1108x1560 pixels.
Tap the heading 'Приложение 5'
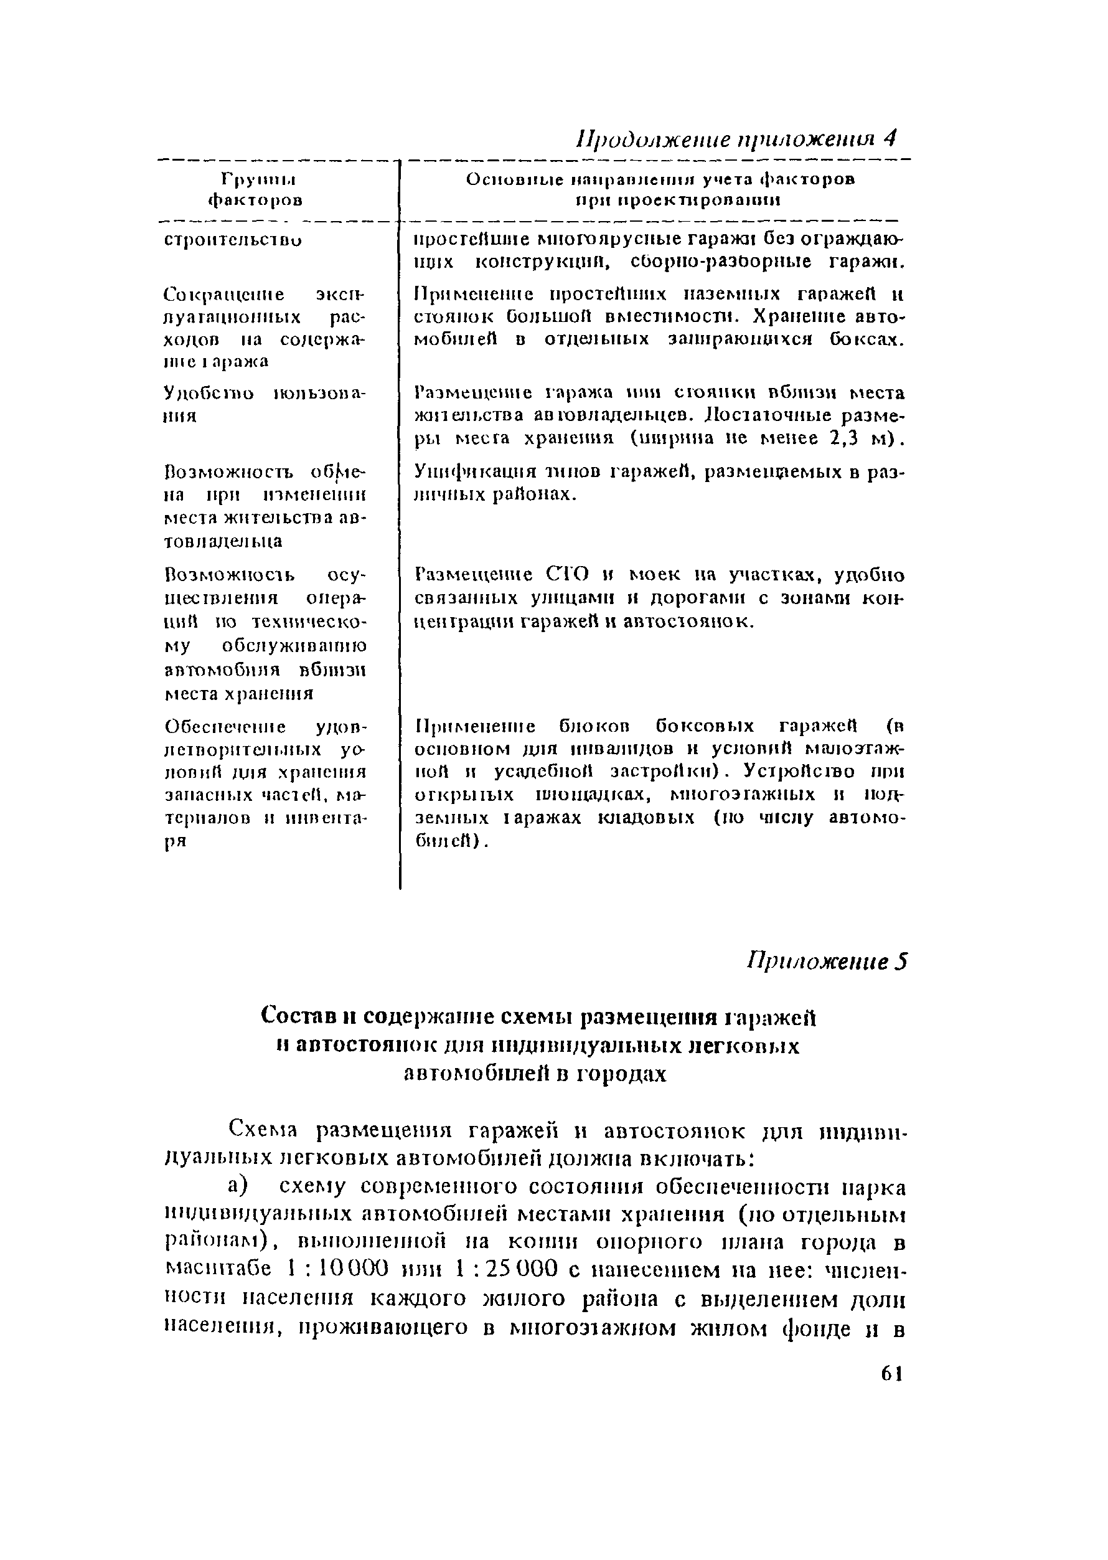point(828,961)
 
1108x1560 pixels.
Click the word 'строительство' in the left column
point(233,240)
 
